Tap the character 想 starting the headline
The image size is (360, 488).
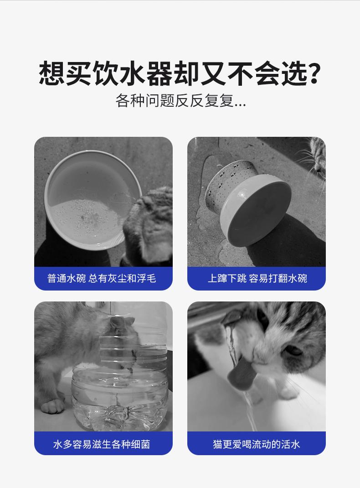pyautogui.click(x=52, y=73)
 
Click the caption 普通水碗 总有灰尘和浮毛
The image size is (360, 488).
pyautogui.click(x=102, y=278)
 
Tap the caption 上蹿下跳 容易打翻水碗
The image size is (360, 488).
pyautogui.click(x=257, y=278)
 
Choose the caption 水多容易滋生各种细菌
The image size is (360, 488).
pyautogui.click(x=102, y=444)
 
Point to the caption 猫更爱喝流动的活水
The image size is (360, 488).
pyautogui.click(x=257, y=444)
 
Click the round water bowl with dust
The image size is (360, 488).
pyautogui.click(x=93, y=200)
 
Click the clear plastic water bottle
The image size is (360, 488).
pyautogui.click(x=120, y=374)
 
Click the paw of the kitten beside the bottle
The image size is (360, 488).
pyautogui.click(x=52, y=406)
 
